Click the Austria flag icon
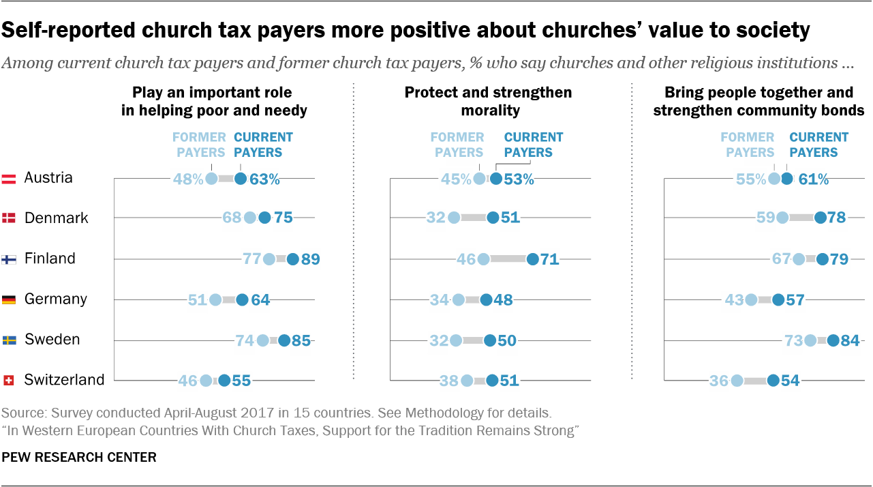(9, 179)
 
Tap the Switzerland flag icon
(9, 381)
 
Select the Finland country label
(50, 259)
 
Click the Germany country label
(55, 299)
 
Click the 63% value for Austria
(264, 179)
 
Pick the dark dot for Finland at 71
(533, 259)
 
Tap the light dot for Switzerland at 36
(737, 381)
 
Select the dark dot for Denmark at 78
(821, 218)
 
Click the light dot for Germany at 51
(215, 299)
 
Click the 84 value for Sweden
(850, 340)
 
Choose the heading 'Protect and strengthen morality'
(489, 101)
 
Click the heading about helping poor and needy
(214, 101)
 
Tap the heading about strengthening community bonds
(759, 101)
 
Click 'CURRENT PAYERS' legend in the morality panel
(533, 145)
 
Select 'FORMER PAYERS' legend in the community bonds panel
(748, 145)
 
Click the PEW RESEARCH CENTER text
(79, 457)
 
